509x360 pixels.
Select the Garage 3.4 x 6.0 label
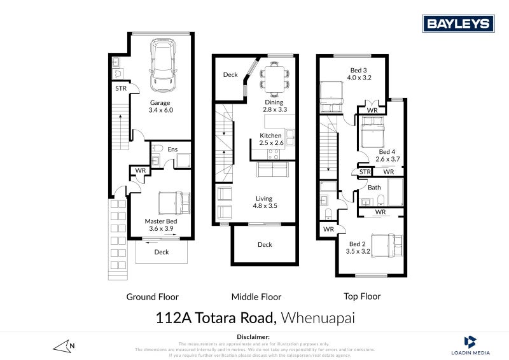tap(160, 106)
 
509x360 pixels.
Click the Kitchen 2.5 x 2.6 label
tap(270, 140)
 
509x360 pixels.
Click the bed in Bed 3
tap(331, 95)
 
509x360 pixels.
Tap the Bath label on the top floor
tap(374, 188)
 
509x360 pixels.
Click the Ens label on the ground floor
tap(172, 149)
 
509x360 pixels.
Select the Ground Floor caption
tap(153, 296)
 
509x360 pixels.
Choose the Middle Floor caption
tap(256, 296)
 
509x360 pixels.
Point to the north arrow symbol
tap(64, 346)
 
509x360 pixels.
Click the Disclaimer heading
tap(253, 336)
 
